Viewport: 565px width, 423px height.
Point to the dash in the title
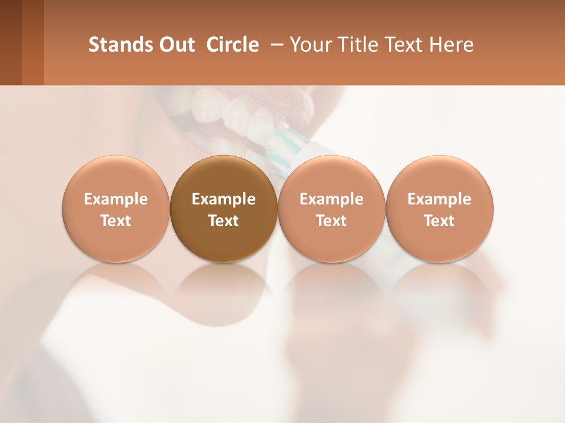pyautogui.click(x=275, y=44)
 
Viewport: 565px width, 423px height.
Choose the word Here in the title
pyautogui.click(x=453, y=45)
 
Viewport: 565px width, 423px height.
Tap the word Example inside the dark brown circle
pyautogui.click(x=224, y=199)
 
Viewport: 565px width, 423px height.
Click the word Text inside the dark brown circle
pyautogui.click(x=224, y=221)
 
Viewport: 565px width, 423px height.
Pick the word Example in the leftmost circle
pyautogui.click(x=115, y=199)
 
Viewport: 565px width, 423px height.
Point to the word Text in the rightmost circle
pyautogui.click(x=439, y=221)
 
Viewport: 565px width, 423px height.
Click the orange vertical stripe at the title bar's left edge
pyautogui.click(x=32, y=42)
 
